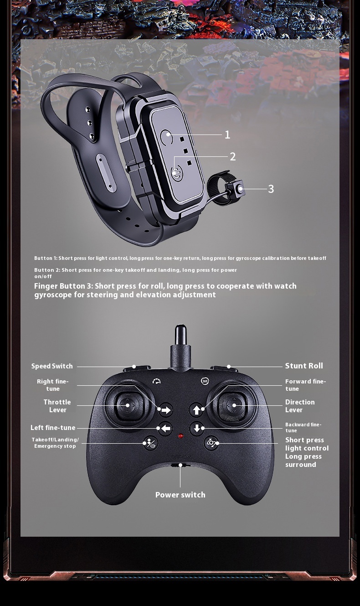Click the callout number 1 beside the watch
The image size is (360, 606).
227,135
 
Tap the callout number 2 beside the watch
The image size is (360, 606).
232,157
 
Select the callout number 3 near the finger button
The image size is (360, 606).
271,189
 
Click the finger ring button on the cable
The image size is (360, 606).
239,189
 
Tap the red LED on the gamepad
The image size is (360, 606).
181,436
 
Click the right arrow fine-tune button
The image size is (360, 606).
165,410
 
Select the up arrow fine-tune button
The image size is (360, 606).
196,409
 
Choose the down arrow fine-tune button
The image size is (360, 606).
196,428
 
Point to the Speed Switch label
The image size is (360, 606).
52,366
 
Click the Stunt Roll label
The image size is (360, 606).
304,366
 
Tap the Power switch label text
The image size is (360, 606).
180,495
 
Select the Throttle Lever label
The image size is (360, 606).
57,406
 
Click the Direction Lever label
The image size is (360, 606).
300,406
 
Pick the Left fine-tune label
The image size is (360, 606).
53,428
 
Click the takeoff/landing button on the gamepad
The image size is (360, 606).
150,443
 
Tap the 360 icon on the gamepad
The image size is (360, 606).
205,381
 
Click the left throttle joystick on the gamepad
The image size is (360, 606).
128,405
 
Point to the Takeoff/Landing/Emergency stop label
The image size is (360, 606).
55,443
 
